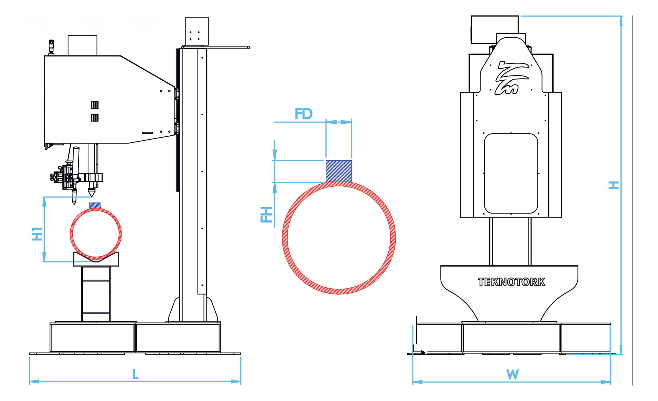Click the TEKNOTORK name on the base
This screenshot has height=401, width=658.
(x=511, y=282)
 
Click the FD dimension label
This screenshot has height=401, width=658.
(x=304, y=114)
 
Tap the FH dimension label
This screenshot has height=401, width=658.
(x=266, y=214)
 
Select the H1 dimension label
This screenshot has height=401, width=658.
(x=37, y=234)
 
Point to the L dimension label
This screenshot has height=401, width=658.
(x=135, y=374)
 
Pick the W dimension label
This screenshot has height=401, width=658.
(x=512, y=374)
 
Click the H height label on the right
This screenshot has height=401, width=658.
(x=613, y=185)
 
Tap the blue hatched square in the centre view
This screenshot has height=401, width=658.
(x=339, y=171)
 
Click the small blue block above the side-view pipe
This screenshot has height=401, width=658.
(x=95, y=206)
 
